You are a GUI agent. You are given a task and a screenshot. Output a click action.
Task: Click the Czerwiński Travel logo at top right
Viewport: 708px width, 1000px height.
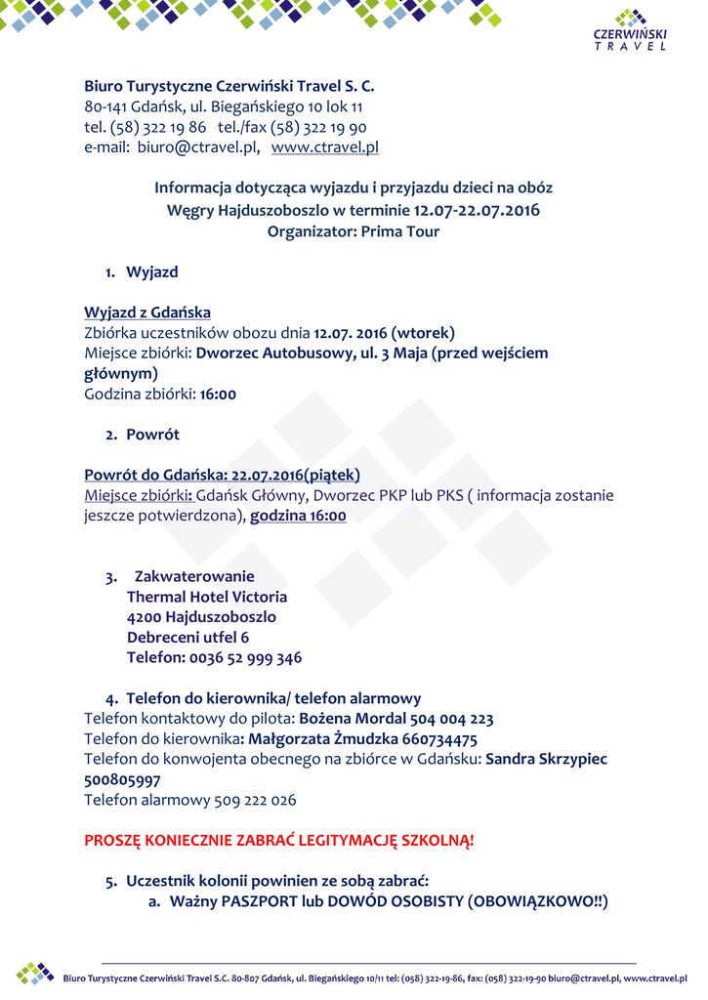click(630, 30)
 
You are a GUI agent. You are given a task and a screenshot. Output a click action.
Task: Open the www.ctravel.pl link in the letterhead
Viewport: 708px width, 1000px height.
click(324, 147)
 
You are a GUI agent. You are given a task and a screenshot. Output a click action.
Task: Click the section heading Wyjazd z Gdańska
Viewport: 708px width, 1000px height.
click(147, 312)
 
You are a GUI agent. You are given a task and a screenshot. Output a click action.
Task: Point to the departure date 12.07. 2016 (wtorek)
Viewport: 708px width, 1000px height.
click(385, 333)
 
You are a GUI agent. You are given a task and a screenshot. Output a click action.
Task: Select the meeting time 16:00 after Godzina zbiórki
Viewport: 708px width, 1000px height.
click(218, 395)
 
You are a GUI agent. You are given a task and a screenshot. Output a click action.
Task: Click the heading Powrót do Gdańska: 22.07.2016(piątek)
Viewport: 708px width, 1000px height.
click(223, 475)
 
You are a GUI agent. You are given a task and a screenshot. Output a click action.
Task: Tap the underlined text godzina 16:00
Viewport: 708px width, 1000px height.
click(298, 516)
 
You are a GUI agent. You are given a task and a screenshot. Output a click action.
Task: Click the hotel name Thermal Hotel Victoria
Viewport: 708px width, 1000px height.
click(207, 596)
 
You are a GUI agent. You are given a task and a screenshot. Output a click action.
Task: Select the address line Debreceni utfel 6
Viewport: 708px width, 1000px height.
click(187, 637)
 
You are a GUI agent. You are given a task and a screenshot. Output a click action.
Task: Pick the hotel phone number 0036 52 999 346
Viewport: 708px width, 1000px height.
click(246, 657)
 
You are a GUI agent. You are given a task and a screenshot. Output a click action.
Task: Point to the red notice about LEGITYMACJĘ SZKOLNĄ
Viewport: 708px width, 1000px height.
click(279, 840)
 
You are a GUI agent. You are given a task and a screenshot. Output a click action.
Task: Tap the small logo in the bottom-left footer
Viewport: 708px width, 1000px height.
click(35, 973)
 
